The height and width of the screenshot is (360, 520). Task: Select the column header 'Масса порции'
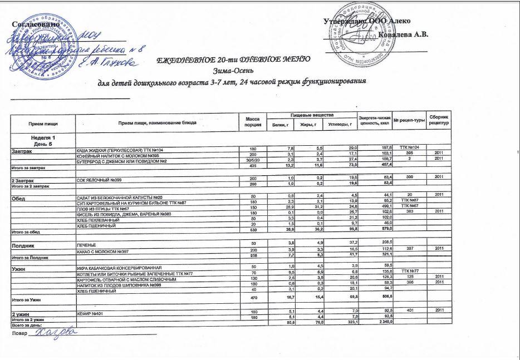pyautogui.click(x=249, y=121)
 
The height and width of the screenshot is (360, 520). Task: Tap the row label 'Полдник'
pyautogui.click(x=26, y=244)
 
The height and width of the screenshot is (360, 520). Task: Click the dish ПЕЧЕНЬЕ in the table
pyautogui.click(x=86, y=244)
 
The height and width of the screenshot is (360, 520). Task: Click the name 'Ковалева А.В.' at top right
pyautogui.click(x=403, y=34)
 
